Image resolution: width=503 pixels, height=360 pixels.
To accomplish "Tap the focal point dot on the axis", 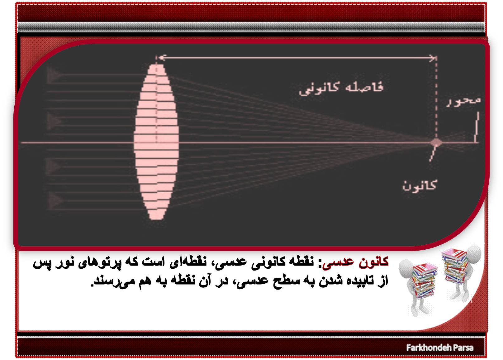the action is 436,142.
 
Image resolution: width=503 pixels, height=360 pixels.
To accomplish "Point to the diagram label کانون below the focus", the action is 419,186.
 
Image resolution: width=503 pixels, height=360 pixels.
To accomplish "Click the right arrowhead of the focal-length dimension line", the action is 432,58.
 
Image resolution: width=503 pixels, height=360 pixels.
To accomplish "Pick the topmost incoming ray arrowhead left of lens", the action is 54,75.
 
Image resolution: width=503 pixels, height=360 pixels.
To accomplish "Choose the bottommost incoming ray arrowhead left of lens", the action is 54,200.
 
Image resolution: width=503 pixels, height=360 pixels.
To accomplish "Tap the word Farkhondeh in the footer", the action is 425,348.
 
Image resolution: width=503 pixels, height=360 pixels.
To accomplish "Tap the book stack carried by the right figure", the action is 455,266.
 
